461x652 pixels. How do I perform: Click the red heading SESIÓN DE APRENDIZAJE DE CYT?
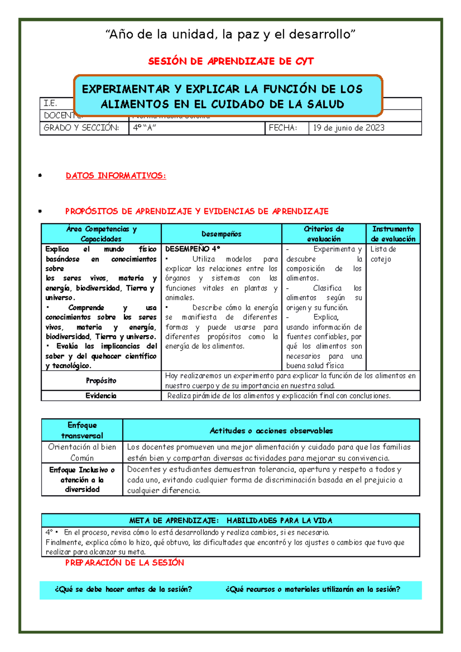(x=231, y=61)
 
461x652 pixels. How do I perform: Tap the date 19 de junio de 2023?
(x=348, y=128)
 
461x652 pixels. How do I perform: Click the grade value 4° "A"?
(x=144, y=128)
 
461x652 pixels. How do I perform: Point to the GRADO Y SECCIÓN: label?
(x=81, y=128)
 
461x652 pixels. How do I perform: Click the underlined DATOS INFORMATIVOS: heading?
(x=116, y=176)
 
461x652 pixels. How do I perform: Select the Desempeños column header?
(x=221, y=234)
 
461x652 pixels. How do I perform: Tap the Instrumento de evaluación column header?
(x=393, y=234)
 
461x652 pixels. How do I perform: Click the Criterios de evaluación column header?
(x=323, y=234)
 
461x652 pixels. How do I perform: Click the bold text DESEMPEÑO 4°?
(x=192, y=249)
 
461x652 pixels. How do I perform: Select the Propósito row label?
(x=101, y=381)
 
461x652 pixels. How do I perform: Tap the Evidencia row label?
(x=101, y=396)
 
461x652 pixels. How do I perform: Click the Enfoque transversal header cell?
(x=82, y=430)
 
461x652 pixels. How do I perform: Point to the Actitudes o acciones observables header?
(x=271, y=431)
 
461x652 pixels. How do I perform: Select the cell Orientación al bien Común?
(x=82, y=452)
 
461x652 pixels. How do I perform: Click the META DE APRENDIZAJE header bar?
(x=230, y=520)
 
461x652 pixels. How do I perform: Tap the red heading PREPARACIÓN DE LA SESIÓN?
(x=124, y=563)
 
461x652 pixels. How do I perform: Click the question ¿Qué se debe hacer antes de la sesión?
(x=123, y=589)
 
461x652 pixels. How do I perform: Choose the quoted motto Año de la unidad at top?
(x=230, y=34)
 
